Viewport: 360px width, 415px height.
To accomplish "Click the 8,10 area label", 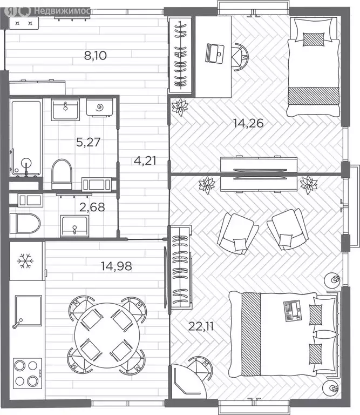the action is (96, 56).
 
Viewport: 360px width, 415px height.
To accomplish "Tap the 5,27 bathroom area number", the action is (89, 142).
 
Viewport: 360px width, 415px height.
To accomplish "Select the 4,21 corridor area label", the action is (145, 160).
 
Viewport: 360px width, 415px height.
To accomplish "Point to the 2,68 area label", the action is (92, 207).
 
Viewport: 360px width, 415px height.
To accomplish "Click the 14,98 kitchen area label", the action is (116, 266).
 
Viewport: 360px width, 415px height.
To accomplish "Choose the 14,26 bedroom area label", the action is (248, 123).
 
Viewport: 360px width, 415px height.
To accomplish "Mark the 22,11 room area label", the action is (201, 326).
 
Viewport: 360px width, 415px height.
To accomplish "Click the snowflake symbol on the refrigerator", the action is (25, 260).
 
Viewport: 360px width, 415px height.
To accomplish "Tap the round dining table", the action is (107, 336).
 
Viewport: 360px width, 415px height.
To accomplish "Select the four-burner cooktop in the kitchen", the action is (28, 373).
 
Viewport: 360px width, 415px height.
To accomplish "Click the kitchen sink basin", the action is (29, 311).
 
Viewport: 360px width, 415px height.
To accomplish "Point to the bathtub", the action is (26, 138).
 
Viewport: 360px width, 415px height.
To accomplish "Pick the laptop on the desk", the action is (215, 53).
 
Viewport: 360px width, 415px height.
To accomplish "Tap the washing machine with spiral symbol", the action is (100, 108).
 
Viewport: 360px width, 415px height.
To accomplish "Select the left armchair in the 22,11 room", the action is (237, 233).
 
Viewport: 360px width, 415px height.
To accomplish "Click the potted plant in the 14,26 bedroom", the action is (180, 107).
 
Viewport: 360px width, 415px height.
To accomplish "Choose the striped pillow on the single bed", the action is (314, 39).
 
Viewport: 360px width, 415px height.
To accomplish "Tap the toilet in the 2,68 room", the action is (25, 223).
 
